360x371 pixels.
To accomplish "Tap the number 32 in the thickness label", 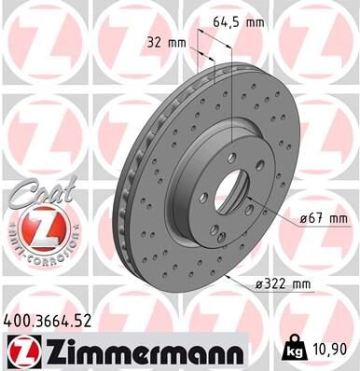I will pyautogui.click(x=155, y=41).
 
